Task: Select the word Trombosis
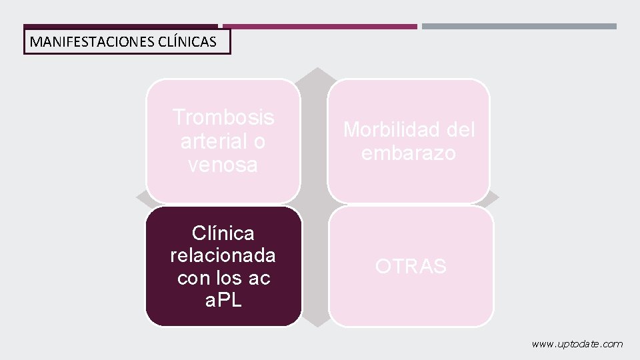(x=223, y=117)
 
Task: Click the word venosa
(x=223, y=165)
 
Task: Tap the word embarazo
(x=409, y=153)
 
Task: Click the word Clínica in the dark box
(x=223, y=233)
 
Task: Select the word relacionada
(x=223, y=256)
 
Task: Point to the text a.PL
(x=223, y=301)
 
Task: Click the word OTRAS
(x=411, y=267)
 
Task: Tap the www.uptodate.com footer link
(x=577, y=344)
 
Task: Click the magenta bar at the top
(x=320, y=27)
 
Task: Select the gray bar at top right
(x=519, y=27)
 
